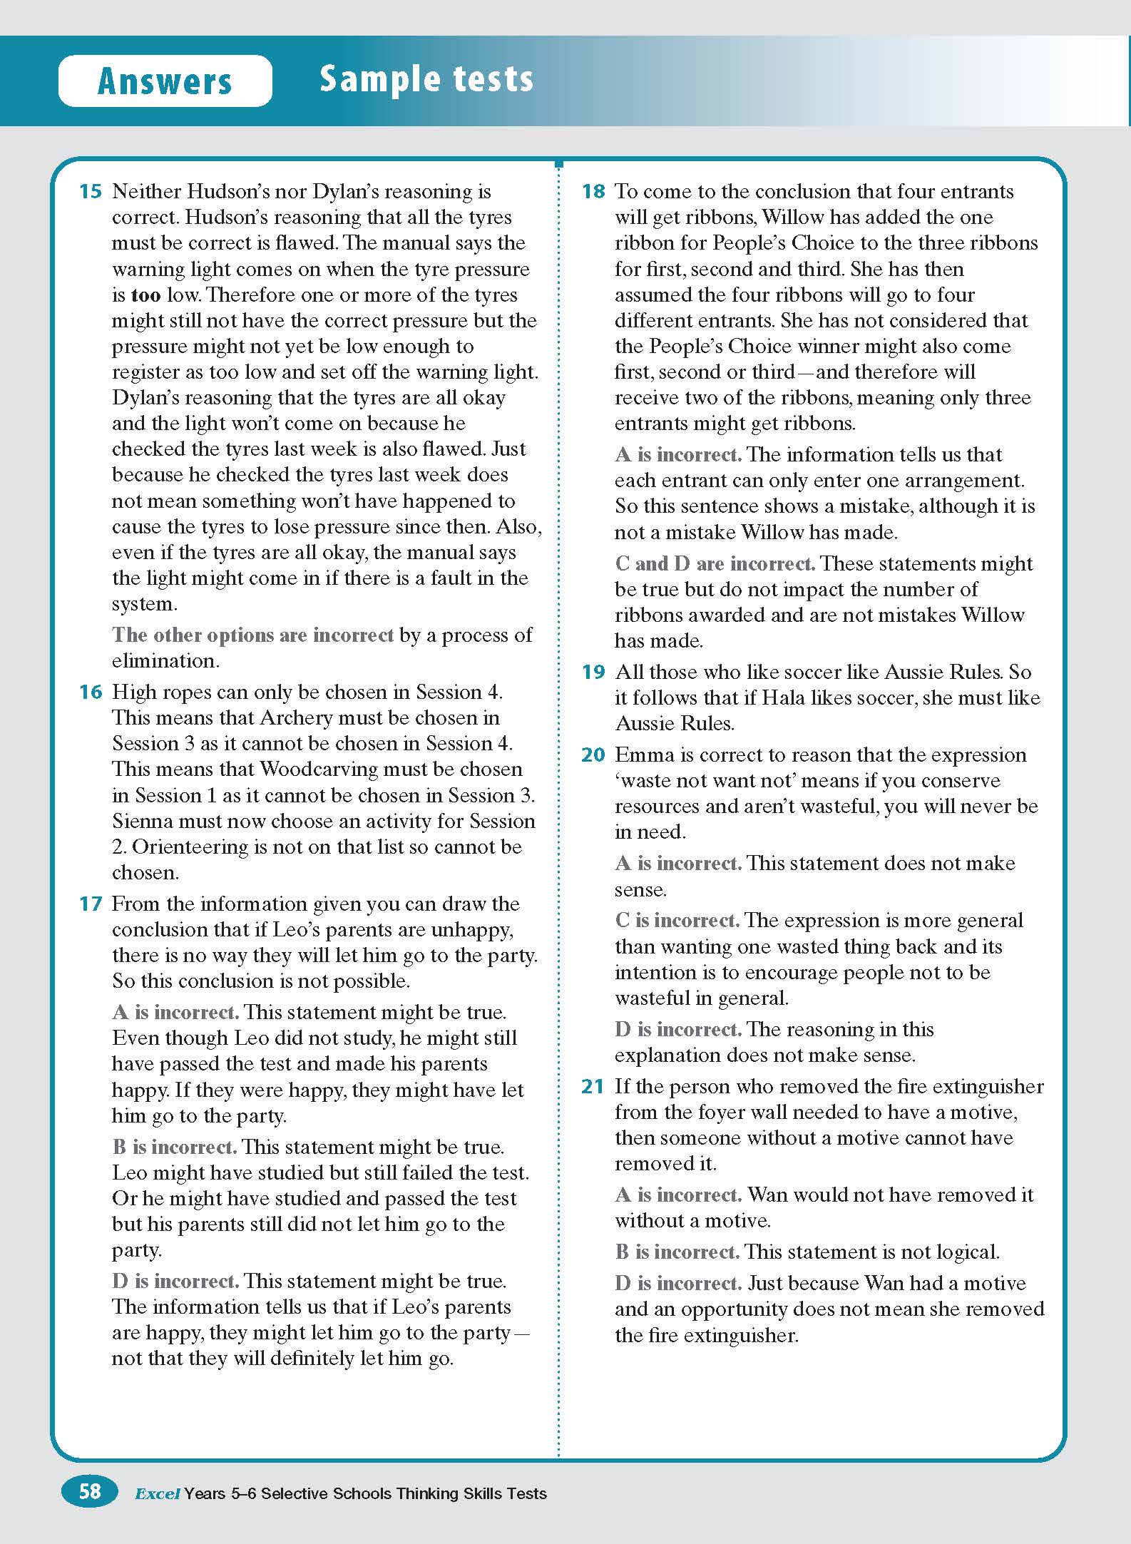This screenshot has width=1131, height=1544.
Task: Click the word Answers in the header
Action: (x=165, y=81)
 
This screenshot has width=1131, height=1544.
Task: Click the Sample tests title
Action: (x=426, y=78)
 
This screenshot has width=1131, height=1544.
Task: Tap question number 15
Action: (x=91, y=191)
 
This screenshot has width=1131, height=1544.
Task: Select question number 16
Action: (x=91, y=692)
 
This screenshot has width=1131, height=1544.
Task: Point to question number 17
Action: (x=91, y=904)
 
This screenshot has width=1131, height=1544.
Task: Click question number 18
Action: (x=593, y=191)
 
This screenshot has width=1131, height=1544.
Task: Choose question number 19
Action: (x=593, y=672)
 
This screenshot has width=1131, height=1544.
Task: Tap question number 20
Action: (x=593, y=755)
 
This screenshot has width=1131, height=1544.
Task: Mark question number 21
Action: (x=593, y=1086)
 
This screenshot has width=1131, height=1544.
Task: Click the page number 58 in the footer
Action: (x=90, y=1492)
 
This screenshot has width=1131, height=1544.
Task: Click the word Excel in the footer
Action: (x=157, y=1493)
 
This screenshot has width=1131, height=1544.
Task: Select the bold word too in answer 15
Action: (x=145, y=295)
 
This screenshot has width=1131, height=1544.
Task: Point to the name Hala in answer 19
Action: (x=784, y=697)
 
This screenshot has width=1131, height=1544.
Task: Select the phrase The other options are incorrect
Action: (x=252, y=635)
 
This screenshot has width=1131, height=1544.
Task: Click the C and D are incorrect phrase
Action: (x=715, y=563)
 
